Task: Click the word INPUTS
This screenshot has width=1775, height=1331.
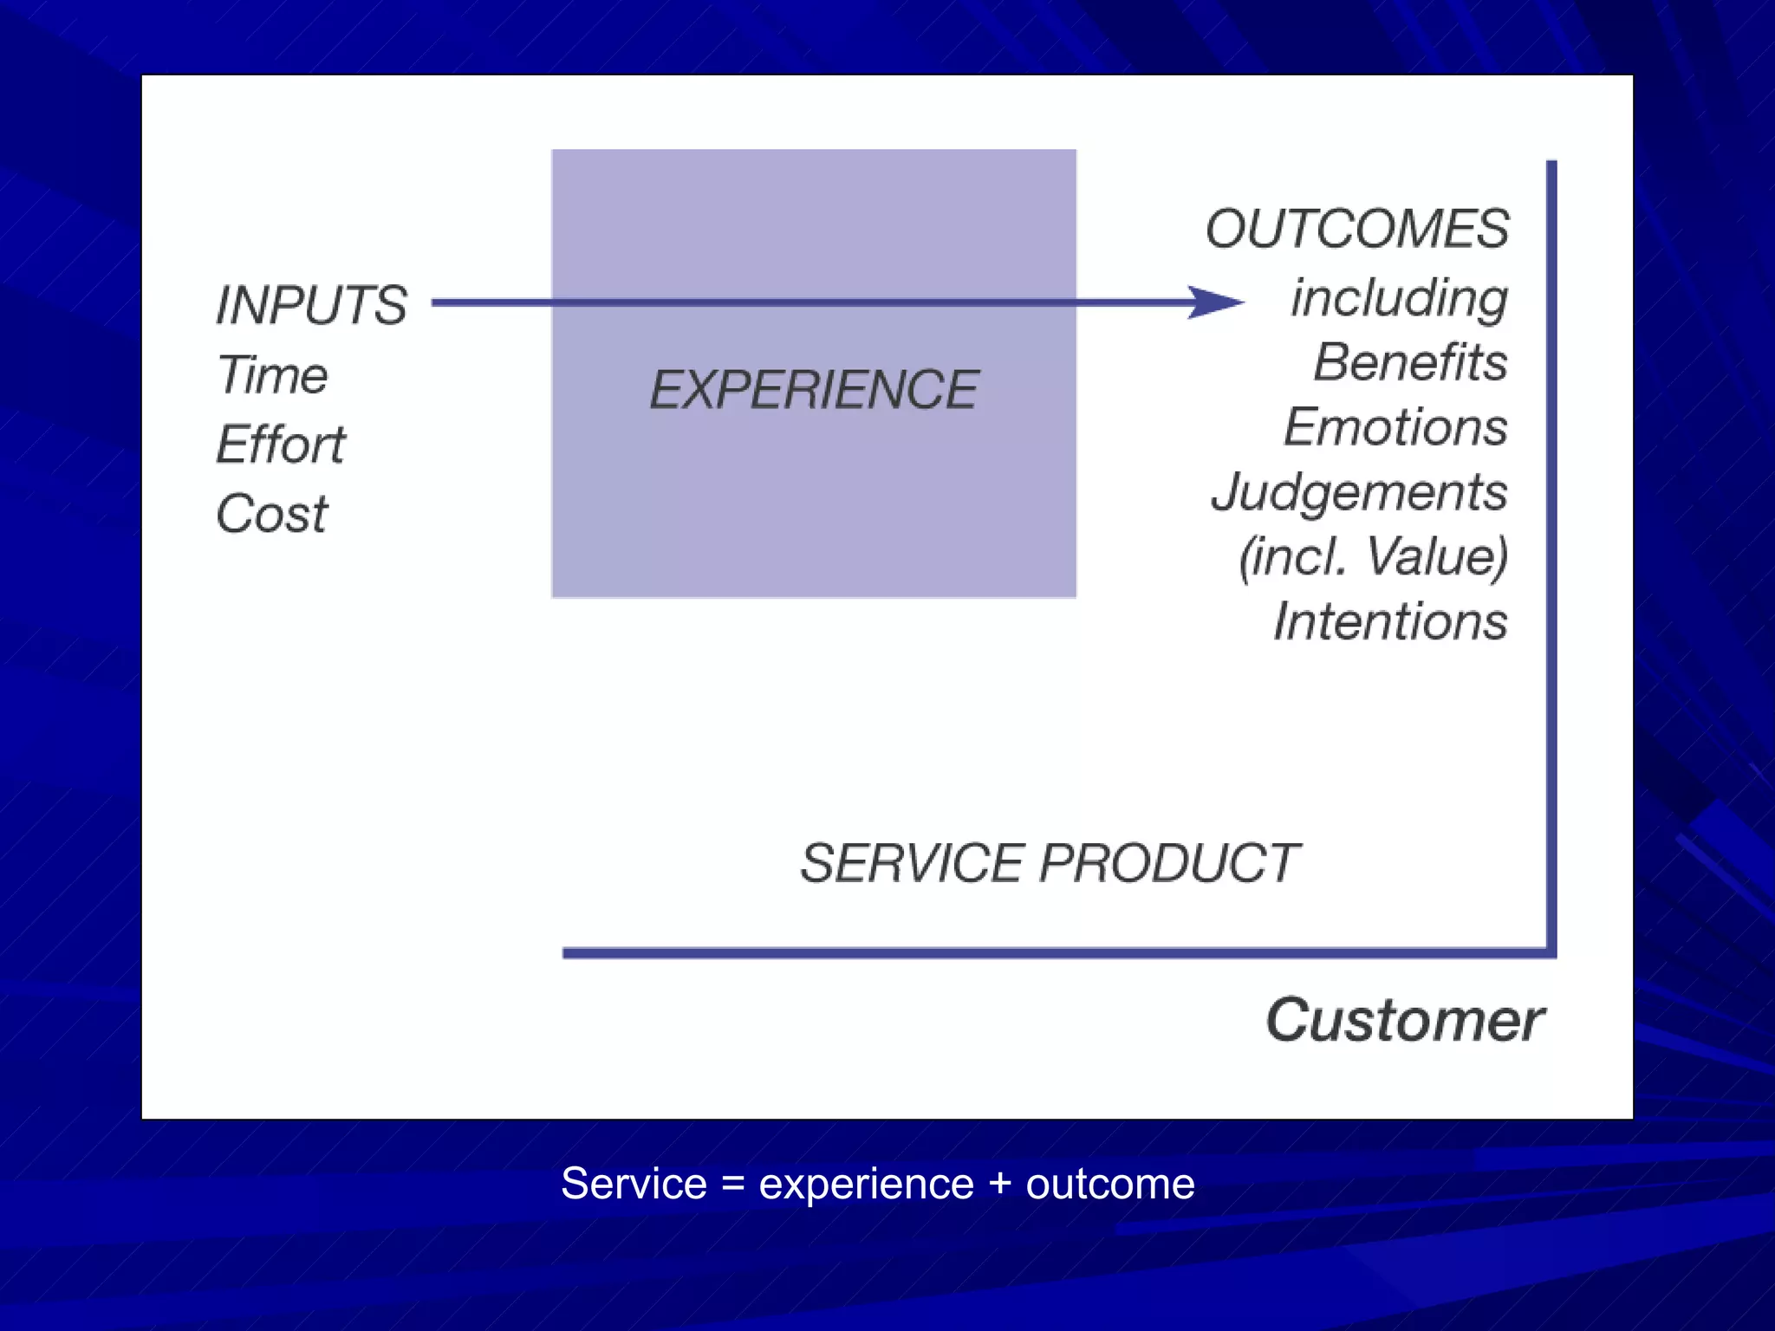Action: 310,305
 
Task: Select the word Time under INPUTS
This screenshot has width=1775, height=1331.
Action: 272,375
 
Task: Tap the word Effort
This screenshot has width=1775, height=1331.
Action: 280,445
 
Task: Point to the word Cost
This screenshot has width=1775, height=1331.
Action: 271,514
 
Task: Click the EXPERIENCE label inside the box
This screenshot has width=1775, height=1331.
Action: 813,389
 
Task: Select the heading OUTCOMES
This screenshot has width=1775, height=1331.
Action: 1356,229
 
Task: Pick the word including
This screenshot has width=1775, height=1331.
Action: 1399,298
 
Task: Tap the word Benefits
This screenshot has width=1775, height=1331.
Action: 1410,362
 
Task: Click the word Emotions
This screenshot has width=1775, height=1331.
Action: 1395,427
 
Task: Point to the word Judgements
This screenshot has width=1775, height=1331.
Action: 1359,492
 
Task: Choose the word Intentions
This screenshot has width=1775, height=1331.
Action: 1390,621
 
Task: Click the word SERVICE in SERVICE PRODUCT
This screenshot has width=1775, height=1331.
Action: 912,863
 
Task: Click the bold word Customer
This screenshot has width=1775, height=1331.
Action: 1404,1020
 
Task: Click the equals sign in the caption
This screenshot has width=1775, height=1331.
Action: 733,1185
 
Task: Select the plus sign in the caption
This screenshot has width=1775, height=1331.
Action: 1000,1185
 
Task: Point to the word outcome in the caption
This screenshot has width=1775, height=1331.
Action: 1110,1185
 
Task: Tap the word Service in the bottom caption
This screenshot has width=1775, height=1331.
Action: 634,1185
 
